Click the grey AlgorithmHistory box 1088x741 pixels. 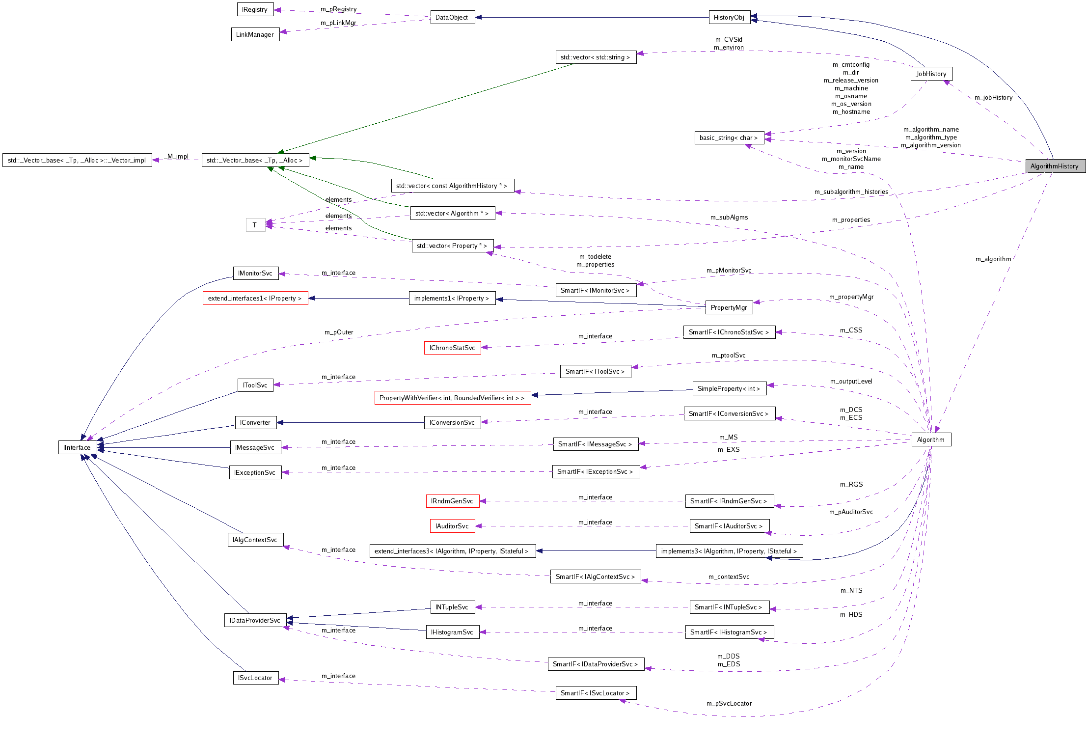coord(1055,166)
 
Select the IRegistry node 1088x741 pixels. coord(255,9)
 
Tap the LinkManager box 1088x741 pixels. coord(255,34)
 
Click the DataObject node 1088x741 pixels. coord(452,17)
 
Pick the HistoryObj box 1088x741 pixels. coord(729,17)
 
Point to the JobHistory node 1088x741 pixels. coord(931,74)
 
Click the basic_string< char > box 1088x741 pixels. coord(729,137)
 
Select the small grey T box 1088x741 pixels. coord(255,225)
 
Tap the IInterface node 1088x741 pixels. coord(77,447)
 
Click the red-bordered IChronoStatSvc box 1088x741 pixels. coord(452,348)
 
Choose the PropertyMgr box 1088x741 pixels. coord(729,307)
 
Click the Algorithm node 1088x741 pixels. coord(931,439)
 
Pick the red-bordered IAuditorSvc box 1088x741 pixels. coord(452,526)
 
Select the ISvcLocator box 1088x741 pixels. coord(255,678)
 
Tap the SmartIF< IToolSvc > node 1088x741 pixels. coord(595,371)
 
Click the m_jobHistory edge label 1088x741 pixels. coord(993,97)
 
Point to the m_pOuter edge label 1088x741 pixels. coord(339,332)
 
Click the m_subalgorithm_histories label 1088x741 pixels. coord(851,192)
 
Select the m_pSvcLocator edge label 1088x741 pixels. coord(729,703)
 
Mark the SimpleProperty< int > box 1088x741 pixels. coord(729,388)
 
